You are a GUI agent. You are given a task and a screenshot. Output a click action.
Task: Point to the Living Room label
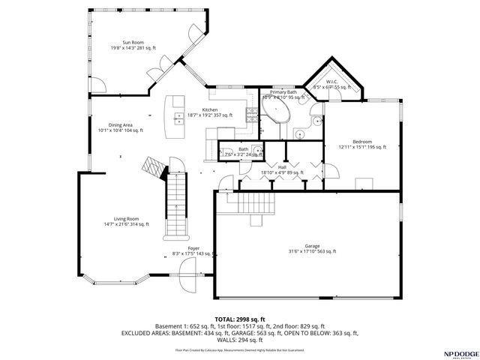click(x=126, y=220)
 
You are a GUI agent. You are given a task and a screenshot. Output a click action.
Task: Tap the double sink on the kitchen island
click(x=178, y=117)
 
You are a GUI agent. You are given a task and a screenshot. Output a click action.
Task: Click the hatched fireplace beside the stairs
click(x=154, y=167)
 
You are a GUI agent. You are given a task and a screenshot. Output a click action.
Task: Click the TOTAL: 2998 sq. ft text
click(x=239, y=319)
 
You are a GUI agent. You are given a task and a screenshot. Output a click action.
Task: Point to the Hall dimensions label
click(x=282, y=170)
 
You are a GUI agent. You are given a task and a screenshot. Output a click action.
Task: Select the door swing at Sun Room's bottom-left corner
click(x=160, y=73)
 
